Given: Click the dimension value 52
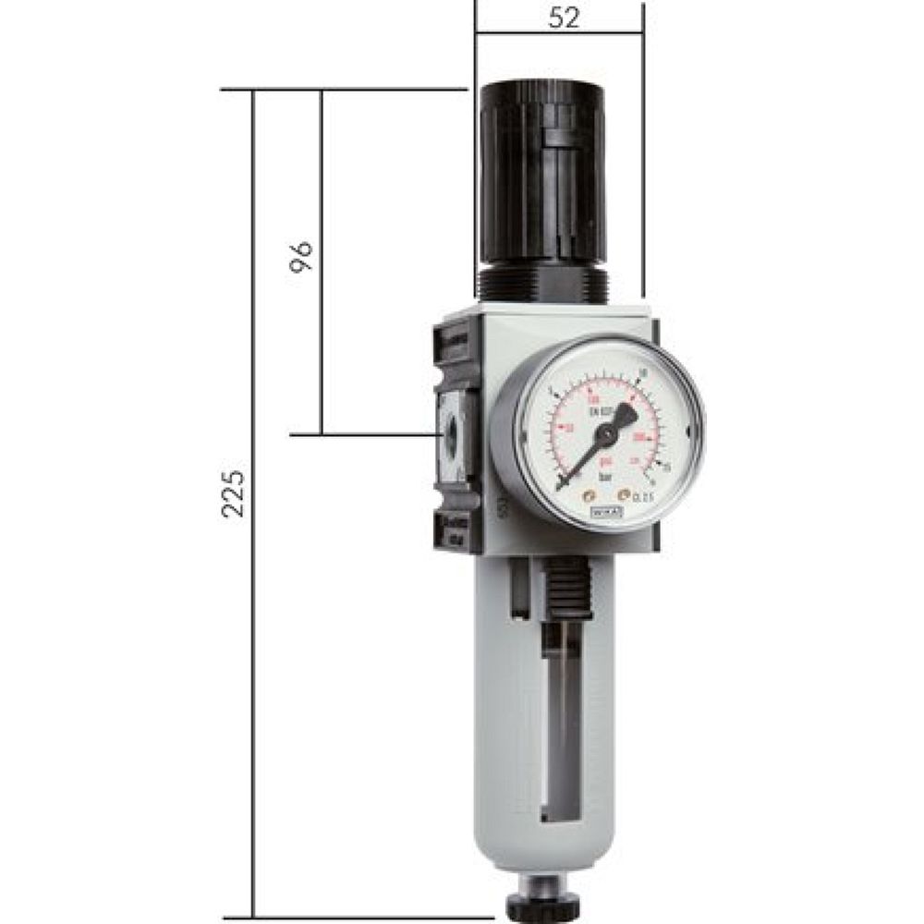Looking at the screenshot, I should pos(563,19).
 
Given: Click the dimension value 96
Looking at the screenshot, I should pos(301,256).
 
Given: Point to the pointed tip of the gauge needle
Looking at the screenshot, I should pos(561,486).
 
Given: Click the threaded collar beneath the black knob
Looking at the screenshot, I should pos(541,281).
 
